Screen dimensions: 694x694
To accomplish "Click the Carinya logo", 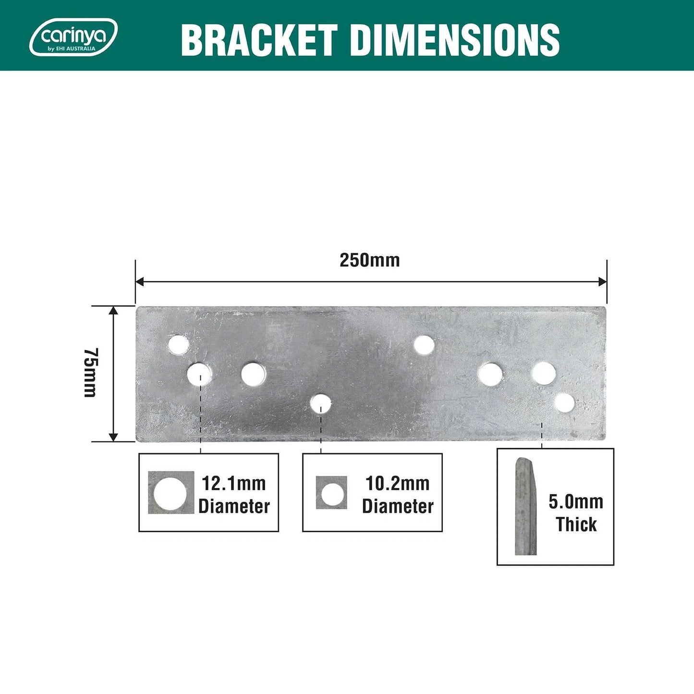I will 73,37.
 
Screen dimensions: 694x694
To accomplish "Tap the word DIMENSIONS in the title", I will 455,40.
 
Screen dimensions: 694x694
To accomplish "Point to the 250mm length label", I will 369,260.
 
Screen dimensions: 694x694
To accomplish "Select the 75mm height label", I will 90,373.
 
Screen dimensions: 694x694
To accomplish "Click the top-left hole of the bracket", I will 179,344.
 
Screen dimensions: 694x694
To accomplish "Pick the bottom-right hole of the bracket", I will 565,403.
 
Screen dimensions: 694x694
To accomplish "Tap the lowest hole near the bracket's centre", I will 320,404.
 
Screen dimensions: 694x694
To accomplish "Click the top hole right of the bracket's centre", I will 424,345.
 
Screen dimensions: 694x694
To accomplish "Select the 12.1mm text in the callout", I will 233,483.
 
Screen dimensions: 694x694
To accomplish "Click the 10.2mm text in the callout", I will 397,483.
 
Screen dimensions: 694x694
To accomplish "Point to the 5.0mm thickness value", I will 576,502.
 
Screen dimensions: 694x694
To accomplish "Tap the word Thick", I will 576,524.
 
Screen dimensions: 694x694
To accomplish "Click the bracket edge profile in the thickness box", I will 525,507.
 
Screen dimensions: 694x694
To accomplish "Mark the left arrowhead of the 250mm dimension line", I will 140,281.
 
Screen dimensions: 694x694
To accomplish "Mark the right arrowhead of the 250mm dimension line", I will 603,281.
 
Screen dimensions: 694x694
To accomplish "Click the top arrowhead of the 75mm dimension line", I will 113,310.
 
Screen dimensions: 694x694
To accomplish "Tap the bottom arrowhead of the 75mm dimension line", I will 113,437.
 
